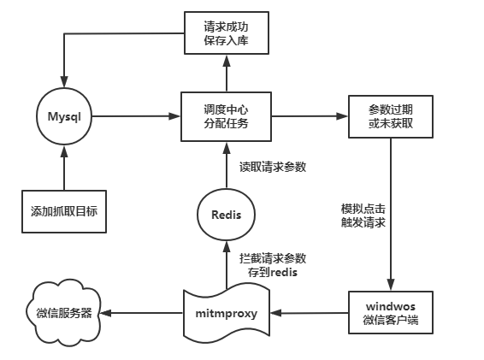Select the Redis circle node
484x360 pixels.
pos(227,214)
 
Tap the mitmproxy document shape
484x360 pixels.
pos(227,312)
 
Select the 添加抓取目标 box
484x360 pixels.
pos(63,210)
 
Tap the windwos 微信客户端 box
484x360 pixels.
pos(391,312)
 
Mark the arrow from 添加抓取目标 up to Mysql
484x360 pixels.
pos(63,167)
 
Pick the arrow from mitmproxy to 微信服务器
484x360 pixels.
pos(145,312)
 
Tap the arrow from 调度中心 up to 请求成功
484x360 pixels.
pos(227,72)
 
